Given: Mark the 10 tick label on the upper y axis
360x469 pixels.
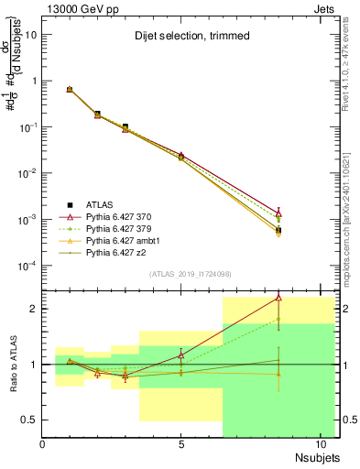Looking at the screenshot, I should pos(29,34).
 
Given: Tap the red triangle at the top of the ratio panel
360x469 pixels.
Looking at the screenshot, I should pos(278,298).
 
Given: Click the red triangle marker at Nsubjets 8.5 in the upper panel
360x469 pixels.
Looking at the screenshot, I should pos(278,213).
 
